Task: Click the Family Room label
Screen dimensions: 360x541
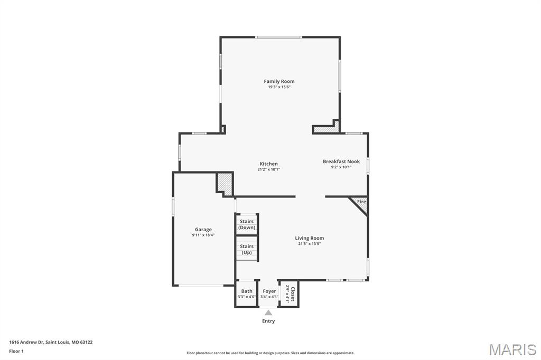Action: pyautogui.click(x=279, y=81)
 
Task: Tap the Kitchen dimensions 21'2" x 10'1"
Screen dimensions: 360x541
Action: pyautogui.click(x=268, y=169)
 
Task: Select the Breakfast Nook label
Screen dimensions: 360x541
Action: pyautogui.click(x=341, y=162)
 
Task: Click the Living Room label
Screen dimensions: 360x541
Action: pyautogui.click(x=309, y=238)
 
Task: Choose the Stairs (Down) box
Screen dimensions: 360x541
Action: pyautogui.click(x=247, y=224)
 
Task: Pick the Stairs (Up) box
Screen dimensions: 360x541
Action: pyautogui.click(x=247, y=249)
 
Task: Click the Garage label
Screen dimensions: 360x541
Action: pyautogui.click(x=203, y=230)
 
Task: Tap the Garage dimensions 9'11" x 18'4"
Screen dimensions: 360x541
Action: pyautogui.click(x=203, y=235)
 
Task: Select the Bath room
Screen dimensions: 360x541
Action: pyautogui.click(x=247, y=293)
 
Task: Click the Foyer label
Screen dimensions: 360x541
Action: pyautogui.click(x=269, y=291)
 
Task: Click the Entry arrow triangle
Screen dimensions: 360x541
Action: pyautogui.click(x=268, y=312)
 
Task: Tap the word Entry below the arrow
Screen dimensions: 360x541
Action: pyautogui.click(x=268, y=321)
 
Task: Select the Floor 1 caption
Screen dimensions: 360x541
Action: pyautogui.click(x=16, y=351)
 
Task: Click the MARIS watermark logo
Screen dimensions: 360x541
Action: pyautogui.click(x=512, y=349)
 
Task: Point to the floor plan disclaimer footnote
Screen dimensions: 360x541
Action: pyautogui.click(x=270, y=353)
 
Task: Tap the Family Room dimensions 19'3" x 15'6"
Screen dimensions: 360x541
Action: pyautogui.click(x=279, y=87)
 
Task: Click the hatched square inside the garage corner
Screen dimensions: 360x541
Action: pyautogui.click(x=225, y=183)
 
